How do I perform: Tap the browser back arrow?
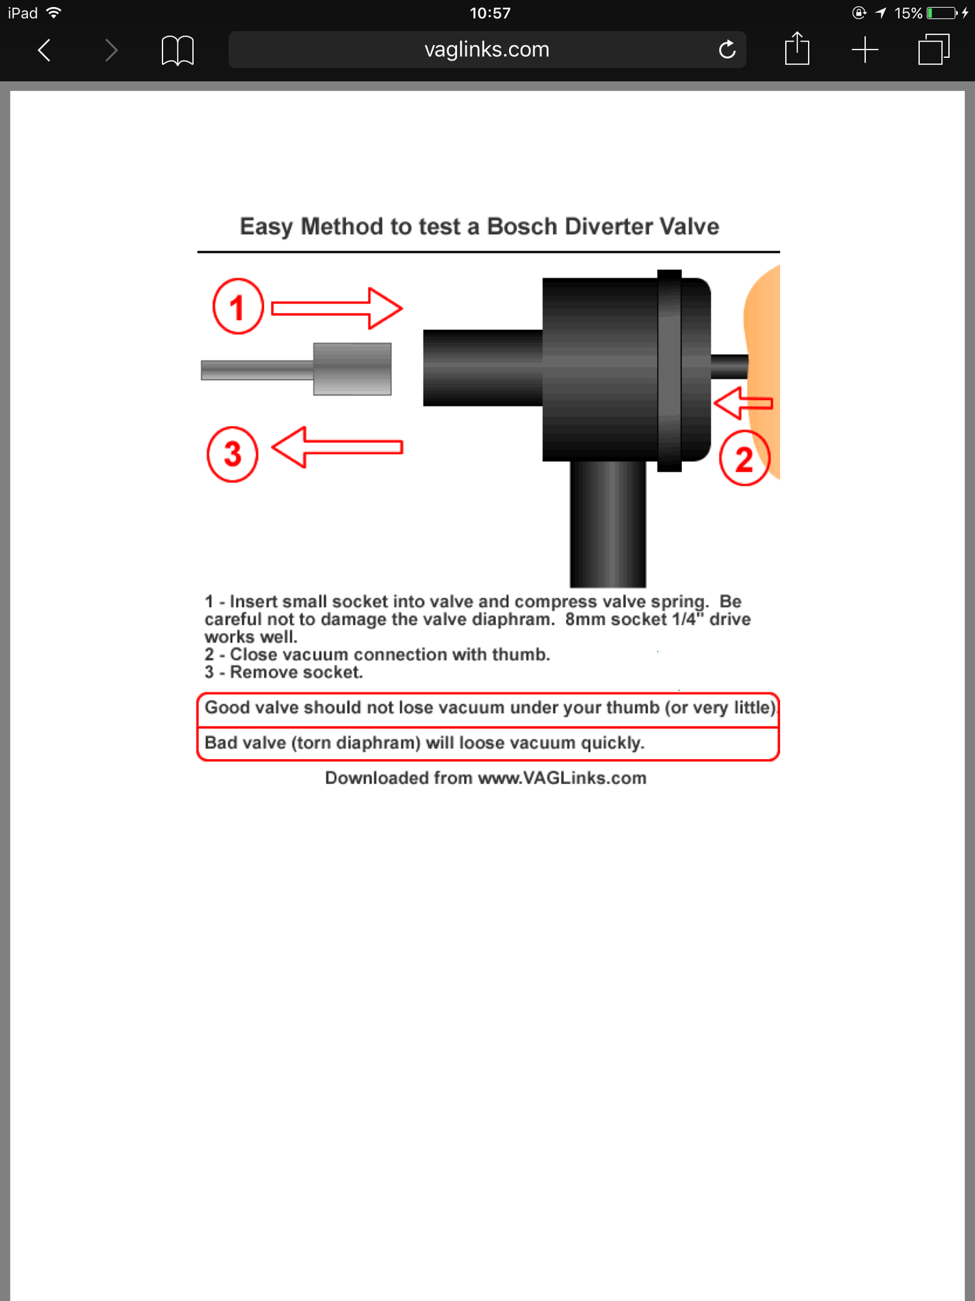click(44, 50)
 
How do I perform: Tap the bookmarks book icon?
click(177, 50)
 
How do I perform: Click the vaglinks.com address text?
click(487, 49)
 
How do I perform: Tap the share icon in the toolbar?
click(797, 48)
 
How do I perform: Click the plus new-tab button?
click(865, 50)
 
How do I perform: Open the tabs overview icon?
click(934, 49)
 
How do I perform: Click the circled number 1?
click(238, 306)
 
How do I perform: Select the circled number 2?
click(745, 458)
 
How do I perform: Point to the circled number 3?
click(232, 454)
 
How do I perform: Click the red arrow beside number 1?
click(337, 308)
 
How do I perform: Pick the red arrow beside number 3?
click(337, 447)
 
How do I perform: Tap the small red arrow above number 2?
click(744, 403)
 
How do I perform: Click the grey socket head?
click(352, 369)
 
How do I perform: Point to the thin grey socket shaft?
click(257, 370)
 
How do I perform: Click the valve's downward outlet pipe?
click(608, 524)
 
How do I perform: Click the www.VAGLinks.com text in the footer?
click(562, 778)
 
